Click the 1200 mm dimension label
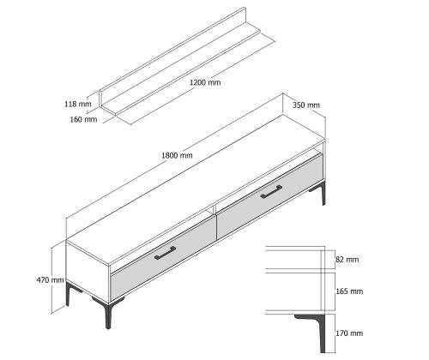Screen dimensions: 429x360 coord(205,82)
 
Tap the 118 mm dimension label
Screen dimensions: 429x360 coord(78,104)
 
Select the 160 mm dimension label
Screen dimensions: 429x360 coord(83,119)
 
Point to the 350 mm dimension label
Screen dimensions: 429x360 coord(306,105)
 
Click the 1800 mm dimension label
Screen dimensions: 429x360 coord(177,155)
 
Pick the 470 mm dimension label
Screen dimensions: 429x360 coord(50,280)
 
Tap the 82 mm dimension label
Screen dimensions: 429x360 coord(347,260)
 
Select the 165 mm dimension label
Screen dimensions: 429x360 coord(349,291)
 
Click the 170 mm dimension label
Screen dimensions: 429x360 coord(349,333)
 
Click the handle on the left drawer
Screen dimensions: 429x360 coord(165,254)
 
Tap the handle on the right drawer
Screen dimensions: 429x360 coord(271,192)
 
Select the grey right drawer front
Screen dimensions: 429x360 coord(269,196)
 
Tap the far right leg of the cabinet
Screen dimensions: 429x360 coord(320,192)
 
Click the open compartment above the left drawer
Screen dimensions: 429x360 coord(161,240)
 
